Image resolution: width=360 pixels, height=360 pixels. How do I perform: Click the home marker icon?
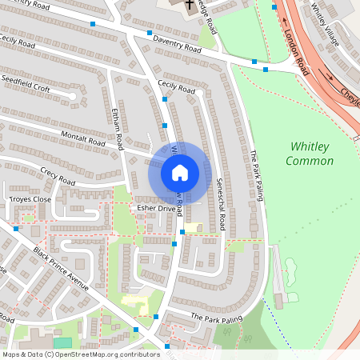point(180,173)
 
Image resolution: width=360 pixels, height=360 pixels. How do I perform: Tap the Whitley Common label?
point(311,154)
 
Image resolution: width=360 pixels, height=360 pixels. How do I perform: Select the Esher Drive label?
point(156,208)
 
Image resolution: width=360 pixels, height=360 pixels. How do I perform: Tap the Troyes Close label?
point(30,198)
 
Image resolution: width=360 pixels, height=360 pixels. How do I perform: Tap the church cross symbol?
point(189,6)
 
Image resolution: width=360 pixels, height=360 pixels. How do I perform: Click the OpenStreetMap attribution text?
point(81,354)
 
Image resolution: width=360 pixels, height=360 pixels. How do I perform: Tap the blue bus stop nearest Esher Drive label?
point(182,232)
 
